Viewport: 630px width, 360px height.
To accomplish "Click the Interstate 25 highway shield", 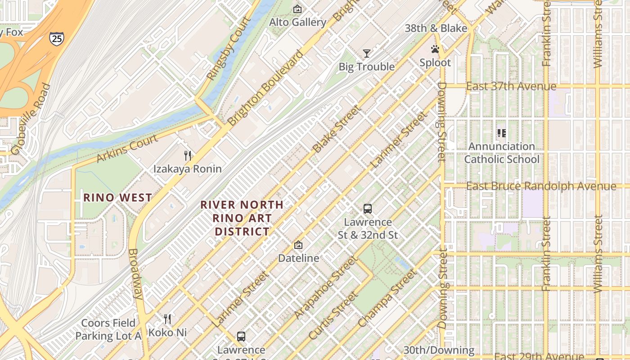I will point(57,38).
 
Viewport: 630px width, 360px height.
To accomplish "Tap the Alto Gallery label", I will point(297,22).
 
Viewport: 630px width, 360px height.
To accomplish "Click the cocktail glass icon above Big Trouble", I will point(367,54).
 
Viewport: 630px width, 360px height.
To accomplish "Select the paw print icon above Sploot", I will point(435,49).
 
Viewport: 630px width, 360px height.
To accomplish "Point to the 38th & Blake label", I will point(436,28).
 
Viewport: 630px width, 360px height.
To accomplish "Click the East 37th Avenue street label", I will point(511,86).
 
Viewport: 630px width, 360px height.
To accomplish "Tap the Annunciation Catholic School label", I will point(502,153).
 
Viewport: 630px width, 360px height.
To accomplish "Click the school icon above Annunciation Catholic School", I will point(502,133).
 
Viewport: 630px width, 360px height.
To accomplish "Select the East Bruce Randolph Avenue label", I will point(541,186).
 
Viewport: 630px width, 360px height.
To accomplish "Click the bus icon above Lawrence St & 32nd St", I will point(368,209).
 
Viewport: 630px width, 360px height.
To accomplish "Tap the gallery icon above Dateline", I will point(298,245).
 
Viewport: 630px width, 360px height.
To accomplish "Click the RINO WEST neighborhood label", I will point(118,198).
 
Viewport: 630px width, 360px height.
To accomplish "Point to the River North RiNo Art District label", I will point(242,218).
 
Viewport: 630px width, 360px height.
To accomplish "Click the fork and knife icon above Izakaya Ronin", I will point(188,156).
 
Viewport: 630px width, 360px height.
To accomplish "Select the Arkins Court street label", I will point(127,148).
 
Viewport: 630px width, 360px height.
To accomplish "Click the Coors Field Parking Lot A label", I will point(108,329).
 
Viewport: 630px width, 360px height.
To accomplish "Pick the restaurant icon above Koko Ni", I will point(167,319).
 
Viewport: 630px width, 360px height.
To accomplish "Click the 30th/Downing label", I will point(438,350).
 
